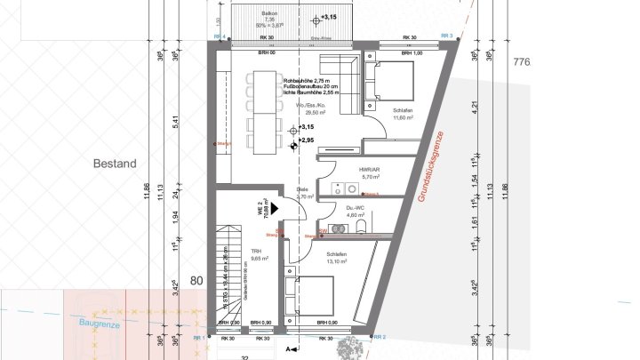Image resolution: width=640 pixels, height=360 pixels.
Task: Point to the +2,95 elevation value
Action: coord(307,140)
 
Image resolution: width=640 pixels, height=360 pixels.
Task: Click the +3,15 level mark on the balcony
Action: coord(328,17)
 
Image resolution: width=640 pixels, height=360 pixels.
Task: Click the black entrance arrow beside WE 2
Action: coord(276,207)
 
